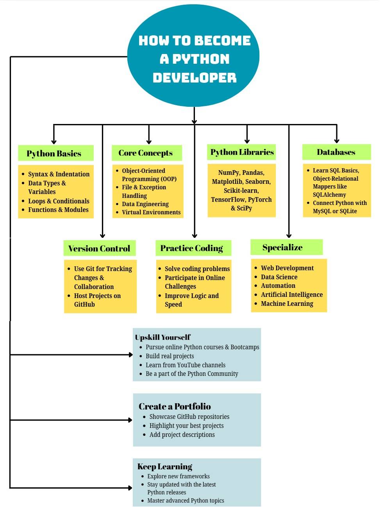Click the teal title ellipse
(x=194, y=56)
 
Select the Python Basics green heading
(x=55, y=153)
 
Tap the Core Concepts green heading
(x=147, y=153)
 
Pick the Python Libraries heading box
(x=241, y=152)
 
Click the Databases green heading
(x=336, y=152)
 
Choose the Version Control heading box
(x=99, y=248)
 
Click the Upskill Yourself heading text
(x=163, y=337)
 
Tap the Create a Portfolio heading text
(x=175, y=406)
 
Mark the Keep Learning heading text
(x=165, y=466)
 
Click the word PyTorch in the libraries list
(x=260, y=199)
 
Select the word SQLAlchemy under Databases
(x=329, y=195)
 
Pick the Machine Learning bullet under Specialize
(x=287, y=303)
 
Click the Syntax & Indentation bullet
(x=59, y=174)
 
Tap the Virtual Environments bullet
(x=151, y=212)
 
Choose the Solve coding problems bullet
(x=197, y=269)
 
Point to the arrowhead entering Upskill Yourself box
(x=131, y=355)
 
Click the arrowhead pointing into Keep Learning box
(x=130, y=488)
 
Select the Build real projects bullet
(x=170, y=356)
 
